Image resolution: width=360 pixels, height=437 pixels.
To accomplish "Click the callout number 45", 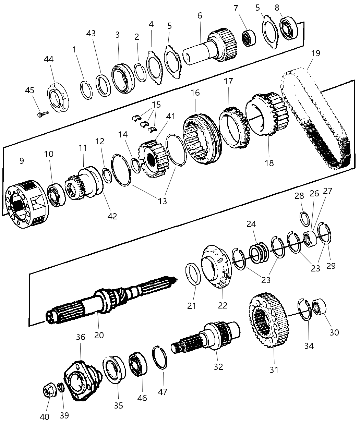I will pyautogui.click(x=29, y=90).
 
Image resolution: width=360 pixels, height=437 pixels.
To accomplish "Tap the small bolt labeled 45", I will pyautogui.click(x=43, y=113).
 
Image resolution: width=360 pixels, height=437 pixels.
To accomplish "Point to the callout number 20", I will pyautogui.click(x=99, y=335).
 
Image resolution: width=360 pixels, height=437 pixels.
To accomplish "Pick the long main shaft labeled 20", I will pyautogui.click(x=110, y=302).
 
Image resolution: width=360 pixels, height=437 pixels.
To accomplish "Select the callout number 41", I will pyautogui.click(x=170, y=116).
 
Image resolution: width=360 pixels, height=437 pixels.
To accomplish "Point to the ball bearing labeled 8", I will pyautogui.click(x=289, y=28).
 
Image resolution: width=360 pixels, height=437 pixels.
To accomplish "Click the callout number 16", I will pyautogui.click(x=195, y=93).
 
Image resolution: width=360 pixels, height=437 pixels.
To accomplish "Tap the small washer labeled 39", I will pyautogui.click(x=61, y=388).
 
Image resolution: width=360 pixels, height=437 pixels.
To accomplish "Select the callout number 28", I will pyautogui.click(x=299, y=196).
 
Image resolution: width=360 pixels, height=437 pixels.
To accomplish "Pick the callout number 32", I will pyautogui.click(x=218, y=366).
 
